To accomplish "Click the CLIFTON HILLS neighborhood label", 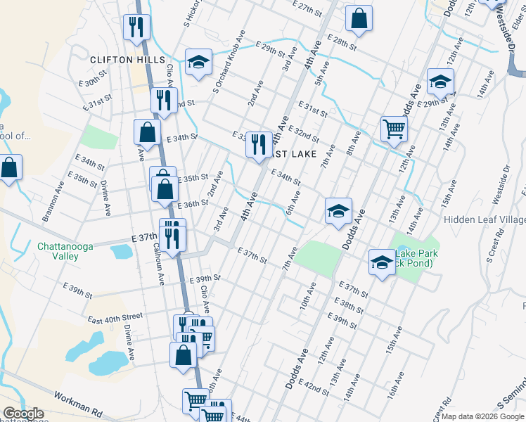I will [127, 60].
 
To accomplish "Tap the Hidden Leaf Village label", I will [485, 220].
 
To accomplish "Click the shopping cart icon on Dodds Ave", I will [394, 128].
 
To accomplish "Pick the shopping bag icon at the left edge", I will [8, 168].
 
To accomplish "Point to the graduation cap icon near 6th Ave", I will [338, 210].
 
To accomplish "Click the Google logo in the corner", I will [23, 414].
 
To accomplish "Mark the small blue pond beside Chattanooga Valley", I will [120, 251].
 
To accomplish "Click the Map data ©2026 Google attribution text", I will [482, 416].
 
